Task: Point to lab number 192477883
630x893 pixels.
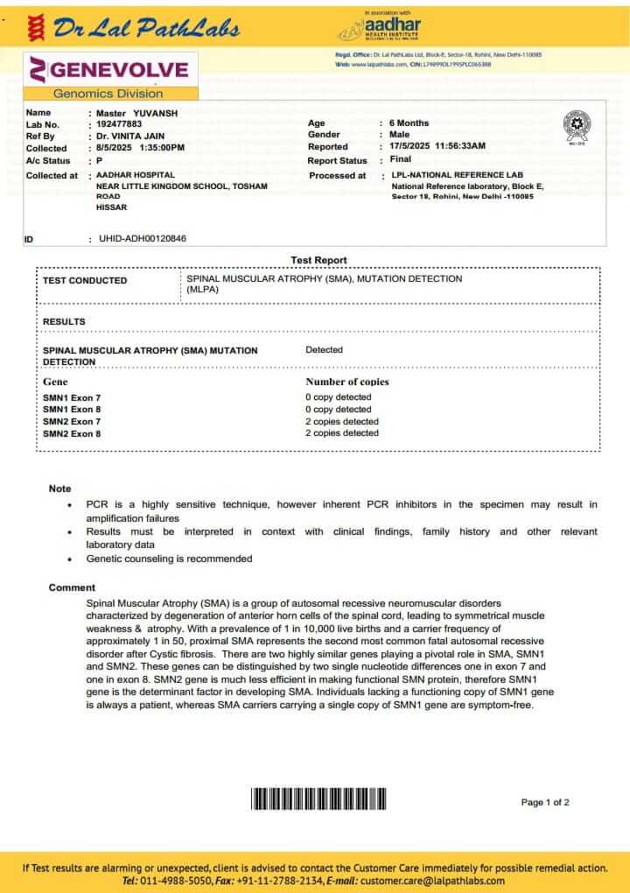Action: coord(119,124)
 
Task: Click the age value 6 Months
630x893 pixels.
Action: coord(409,123)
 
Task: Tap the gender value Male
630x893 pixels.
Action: coord(399,135)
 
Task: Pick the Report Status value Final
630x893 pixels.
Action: coord(400,160)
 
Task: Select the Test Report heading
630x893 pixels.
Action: coord(318,260)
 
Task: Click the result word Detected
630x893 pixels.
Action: coord(324,350)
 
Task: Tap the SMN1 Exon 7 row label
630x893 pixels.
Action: coord(72,397)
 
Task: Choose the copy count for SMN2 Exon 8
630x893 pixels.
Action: coord(342,433)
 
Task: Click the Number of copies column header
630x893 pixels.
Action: coord(346,382)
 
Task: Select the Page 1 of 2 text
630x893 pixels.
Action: coord(545,802)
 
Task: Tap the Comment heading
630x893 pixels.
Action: coord(72,587)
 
